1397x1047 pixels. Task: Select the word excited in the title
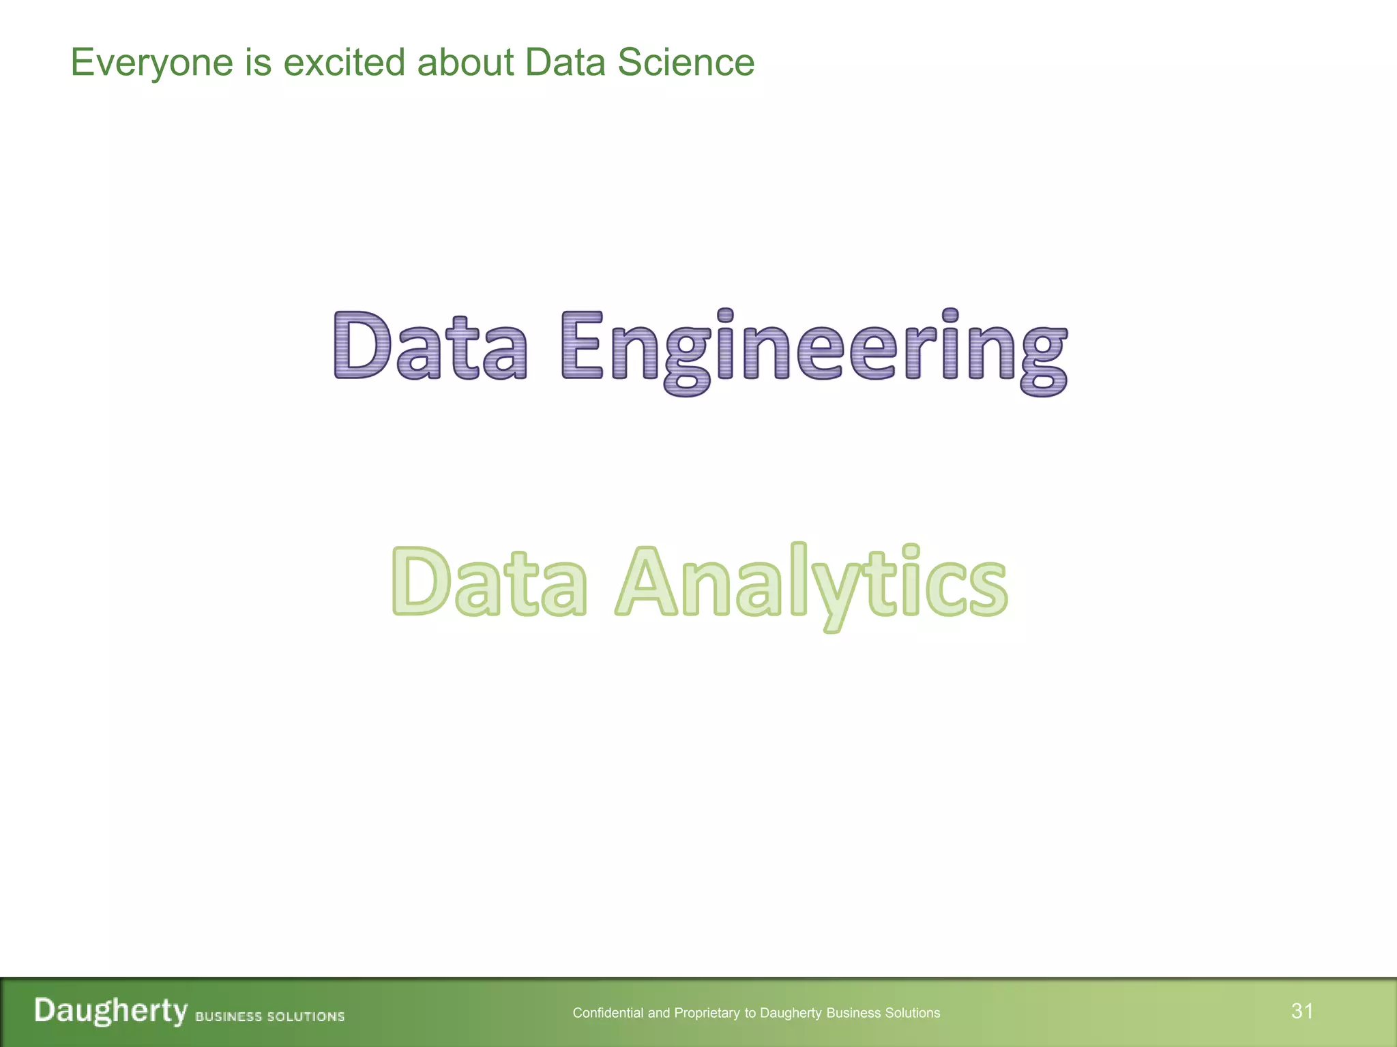tap(344, 62)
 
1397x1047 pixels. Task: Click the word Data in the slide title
tap(565, 62)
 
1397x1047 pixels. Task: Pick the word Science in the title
tap(686, 62)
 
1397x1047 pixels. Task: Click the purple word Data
tap(430, 346)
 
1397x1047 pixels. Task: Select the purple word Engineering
tap(814, 349)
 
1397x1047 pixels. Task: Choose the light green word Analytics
tap(811, 584)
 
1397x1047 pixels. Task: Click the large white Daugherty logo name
tap(111, 1011)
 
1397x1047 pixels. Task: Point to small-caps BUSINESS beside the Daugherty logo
tap(229, 1016)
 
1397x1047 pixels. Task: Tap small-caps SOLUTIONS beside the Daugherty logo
tap(306, 1016)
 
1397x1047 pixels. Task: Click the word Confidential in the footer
tap(608, 1013)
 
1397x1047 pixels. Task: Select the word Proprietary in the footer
tap(707, 1014)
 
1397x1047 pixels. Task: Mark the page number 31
tap(1302, 1010)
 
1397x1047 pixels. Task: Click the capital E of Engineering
tap(582, 346)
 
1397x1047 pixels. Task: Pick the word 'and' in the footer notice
tap(659, 1013)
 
